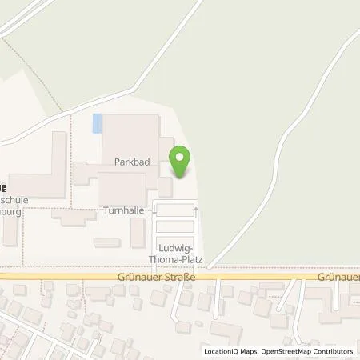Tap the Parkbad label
pyautogui.click(x=129, y=161)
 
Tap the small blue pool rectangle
pyautogui.click(x=98, y=124)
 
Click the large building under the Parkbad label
pyautogui.click(x=121, y=188)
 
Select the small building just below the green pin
pyautogui.click(x=165, y=188)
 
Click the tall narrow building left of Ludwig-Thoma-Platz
pyautogui.click(x=138, y=232)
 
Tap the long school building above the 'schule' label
pyautogui.click(x=50, y=164)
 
